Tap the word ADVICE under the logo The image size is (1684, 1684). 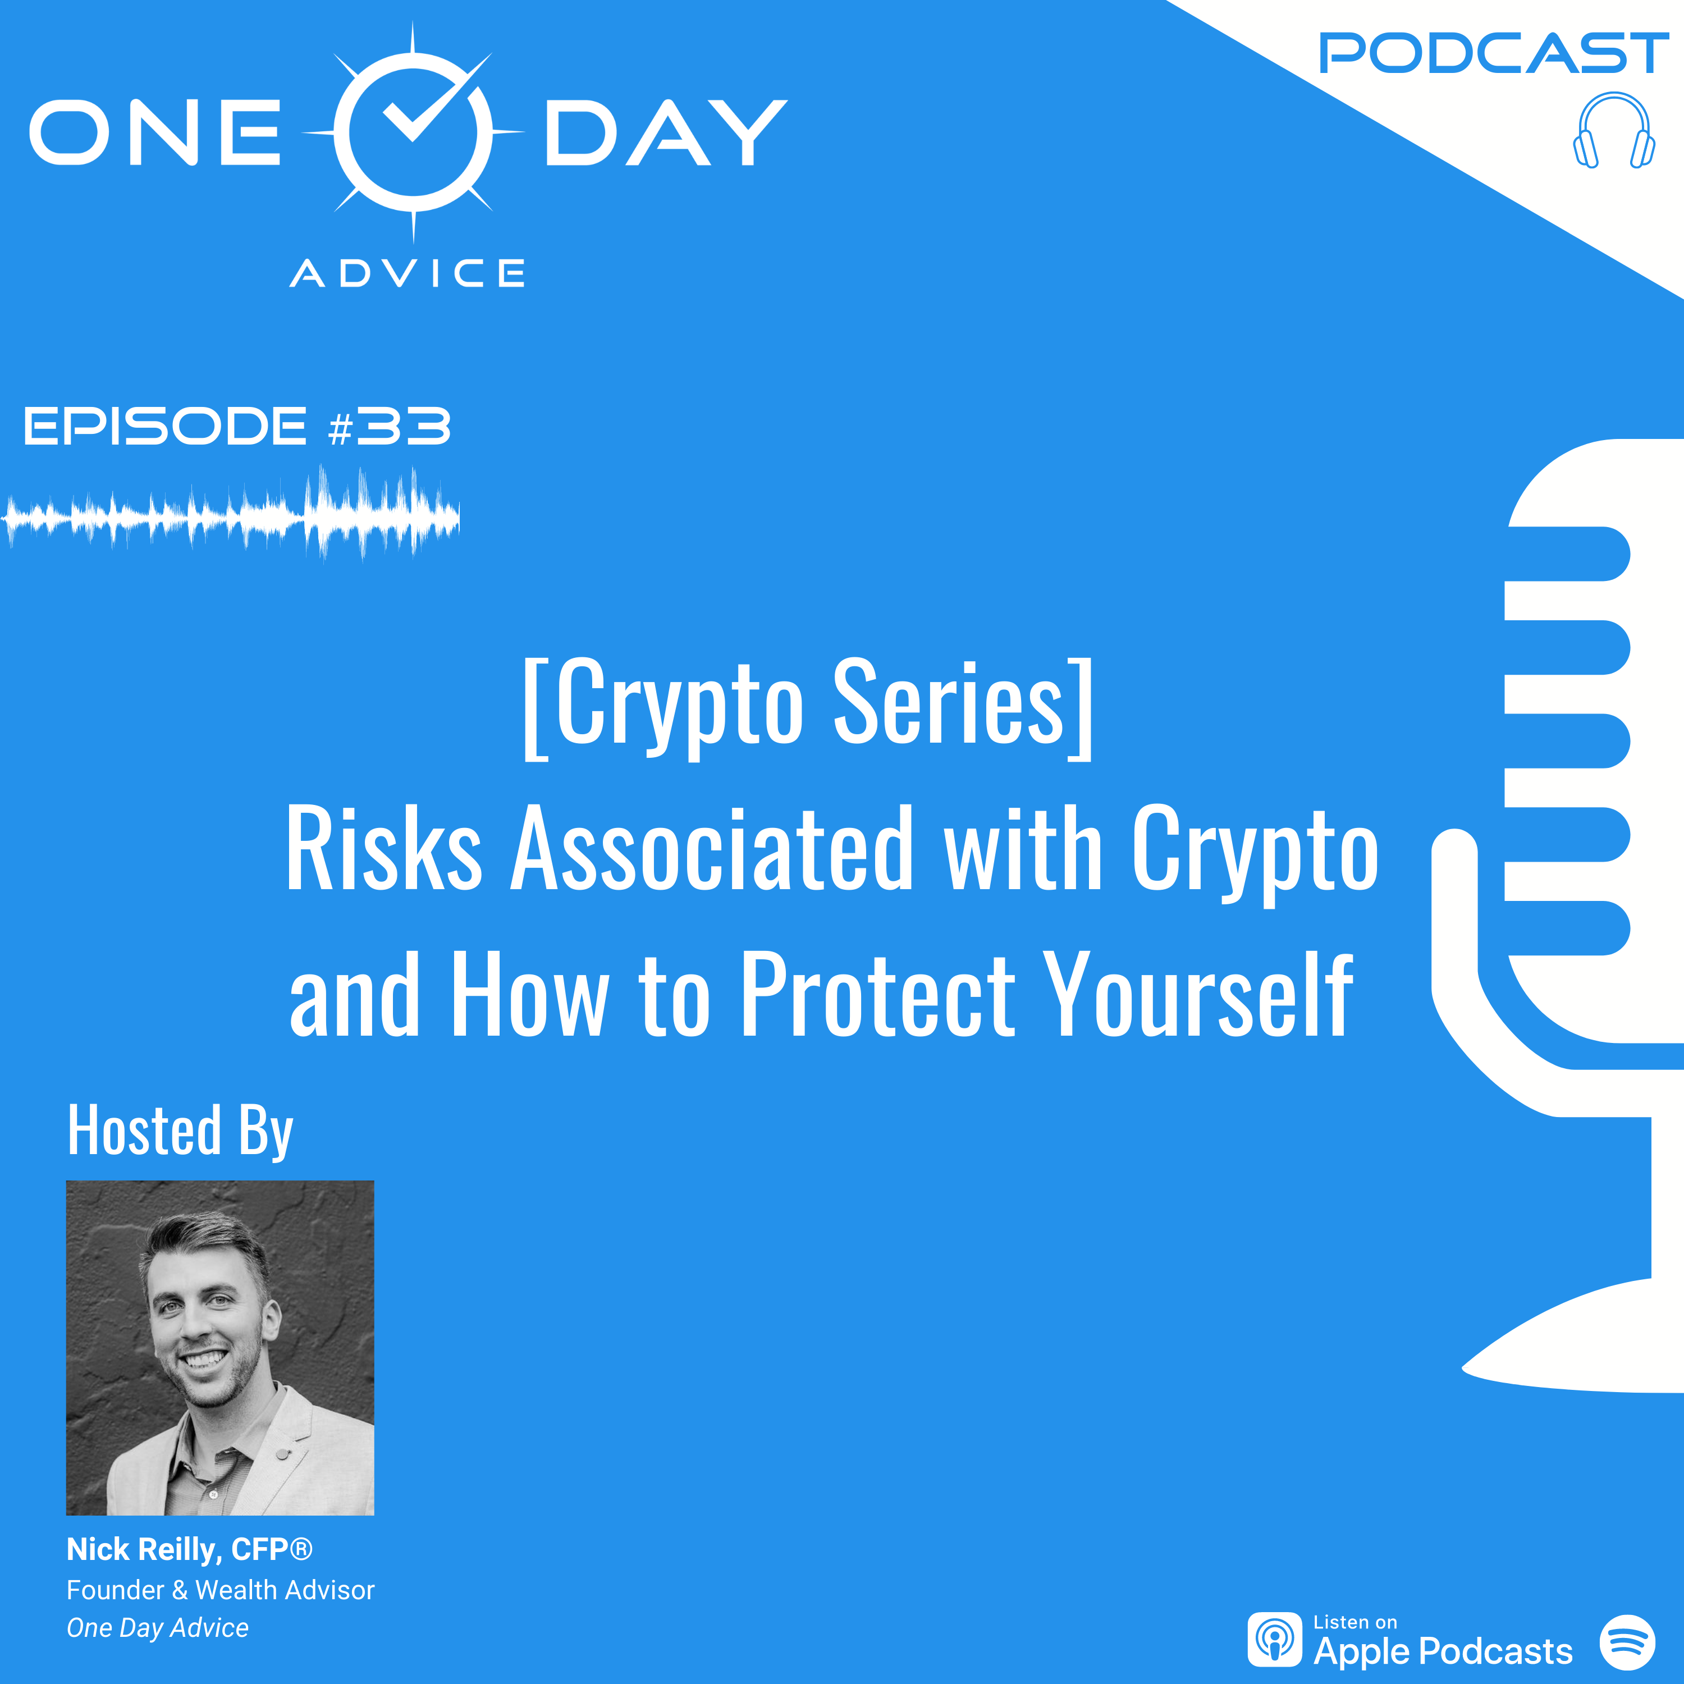click(x=407, y=274)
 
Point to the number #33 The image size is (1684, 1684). click(x=390, y=427)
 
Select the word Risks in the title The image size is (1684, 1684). click(x=383, y=850)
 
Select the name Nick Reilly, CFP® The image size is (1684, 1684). click(x=189, y=1549)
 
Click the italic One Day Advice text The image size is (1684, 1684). click(x=158, y=1627)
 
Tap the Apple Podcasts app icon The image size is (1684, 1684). click(x=1274, y=1640)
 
